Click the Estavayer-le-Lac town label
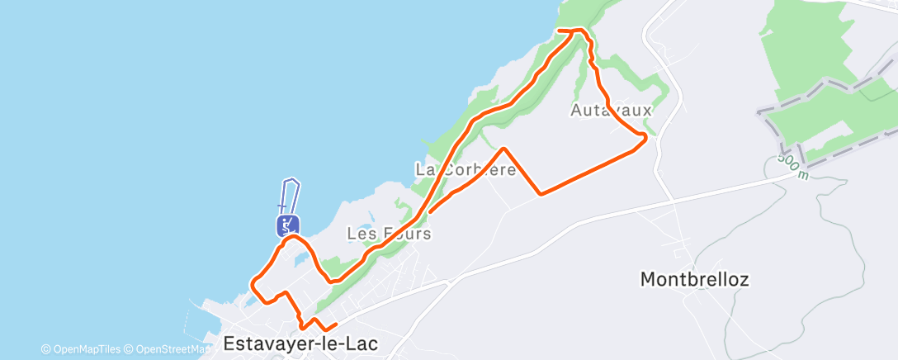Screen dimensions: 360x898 (300, 343)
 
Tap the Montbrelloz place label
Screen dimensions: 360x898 (694, 280)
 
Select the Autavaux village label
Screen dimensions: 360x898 (612, 110)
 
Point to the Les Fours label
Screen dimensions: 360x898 (389, 234)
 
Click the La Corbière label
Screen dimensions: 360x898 (466, 170)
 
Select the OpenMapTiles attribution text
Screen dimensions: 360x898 (81, 349)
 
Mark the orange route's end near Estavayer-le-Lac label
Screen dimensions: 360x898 (337, 325)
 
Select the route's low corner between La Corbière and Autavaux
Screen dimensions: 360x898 (541, 194)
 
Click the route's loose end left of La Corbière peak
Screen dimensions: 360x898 (430, 212)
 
